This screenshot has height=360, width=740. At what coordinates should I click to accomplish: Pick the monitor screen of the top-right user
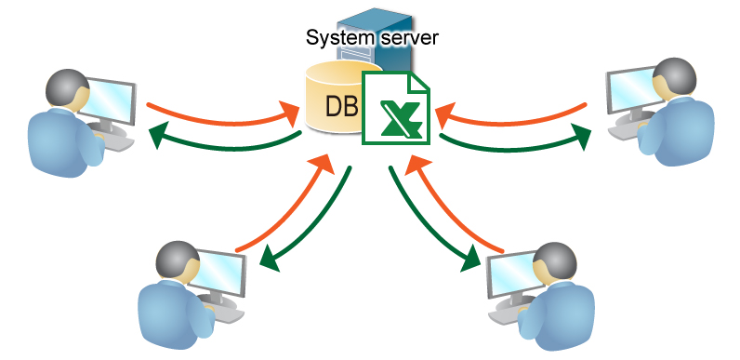click(x=631, y=93)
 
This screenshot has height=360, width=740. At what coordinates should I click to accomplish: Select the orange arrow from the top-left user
click(x=218, y=113)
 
